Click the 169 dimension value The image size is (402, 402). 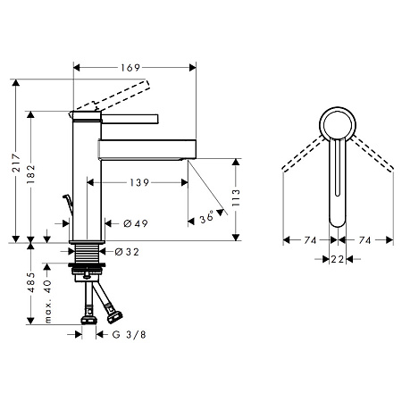pos(130,68)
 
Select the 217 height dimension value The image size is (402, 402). pos(17,163)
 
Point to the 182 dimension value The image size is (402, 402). pos(31,174)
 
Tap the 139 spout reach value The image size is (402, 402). pos(139,182)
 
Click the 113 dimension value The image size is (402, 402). pos(236,197)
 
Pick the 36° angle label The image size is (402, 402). pos(206,216)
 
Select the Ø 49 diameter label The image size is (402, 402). pos(136,223)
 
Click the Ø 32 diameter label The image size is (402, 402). pos(127,252)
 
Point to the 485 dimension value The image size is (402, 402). pos(31,281)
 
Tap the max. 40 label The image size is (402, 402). pos(47,301)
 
